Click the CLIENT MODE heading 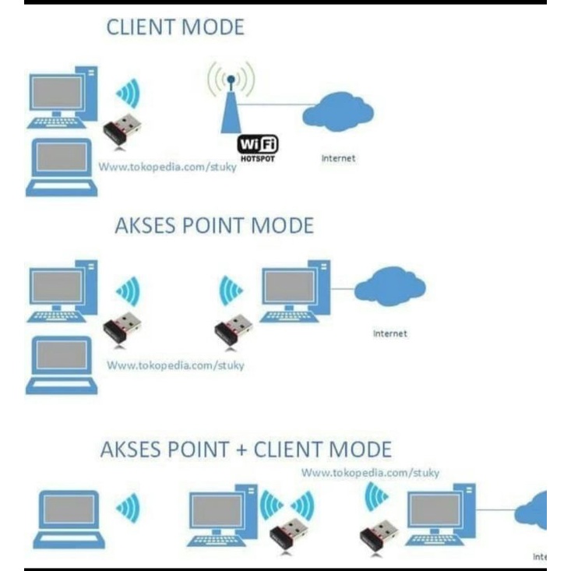pyautogui.click(x=174, y=28)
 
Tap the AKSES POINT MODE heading pyautogui.click(x=214, y=226)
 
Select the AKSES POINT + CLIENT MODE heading pyautogui.click(x=246, y=449)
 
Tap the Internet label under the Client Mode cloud pyautogui.click(x=338, y=158)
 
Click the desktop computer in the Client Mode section pyautogui.click(x=63, y=97)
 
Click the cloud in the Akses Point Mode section pyautogui.click(x=389, y=286)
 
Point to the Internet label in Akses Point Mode pyautogui.click(x=389, y=333)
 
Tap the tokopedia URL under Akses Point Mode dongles pyautogui.click(x=175, y=365)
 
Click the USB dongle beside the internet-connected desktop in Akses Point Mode pyautogui.click(x=233, y=329)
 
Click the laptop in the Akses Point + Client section pyautogui.click(x=69, y=519)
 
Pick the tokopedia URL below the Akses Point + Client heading pyautogui.click(x=370, y=473)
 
